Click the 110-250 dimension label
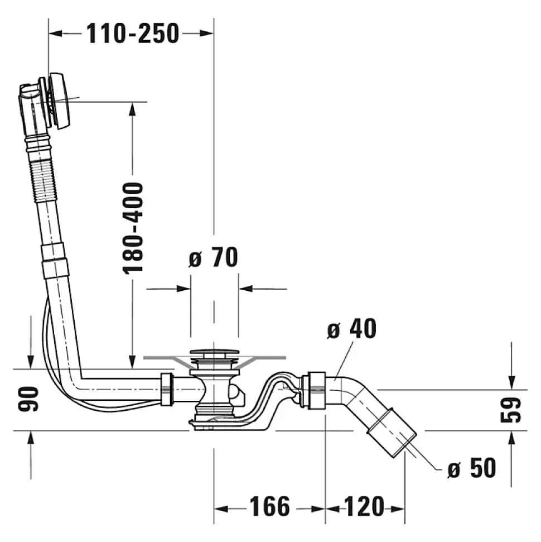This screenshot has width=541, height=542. [133, 33]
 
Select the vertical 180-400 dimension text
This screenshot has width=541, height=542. [133, 228]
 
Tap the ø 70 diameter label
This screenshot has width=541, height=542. [214, 257]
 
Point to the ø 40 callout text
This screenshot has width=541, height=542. [352, 329]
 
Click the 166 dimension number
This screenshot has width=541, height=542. [270, 506]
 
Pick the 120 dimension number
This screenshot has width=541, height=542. [364, 506]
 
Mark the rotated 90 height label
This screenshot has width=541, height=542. [28, 399]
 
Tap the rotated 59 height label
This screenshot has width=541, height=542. [510, 410]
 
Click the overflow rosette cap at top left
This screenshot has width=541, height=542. [60, 101]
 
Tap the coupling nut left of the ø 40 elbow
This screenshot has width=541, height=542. [313, 391]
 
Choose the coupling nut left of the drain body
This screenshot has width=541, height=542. [167, 389]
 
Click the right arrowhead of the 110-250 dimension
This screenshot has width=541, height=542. [206, 33]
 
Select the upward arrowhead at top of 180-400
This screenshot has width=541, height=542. [132, 109]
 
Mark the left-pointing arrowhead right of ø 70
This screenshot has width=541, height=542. [246, 288]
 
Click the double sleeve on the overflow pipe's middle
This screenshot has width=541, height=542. [53, 261]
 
